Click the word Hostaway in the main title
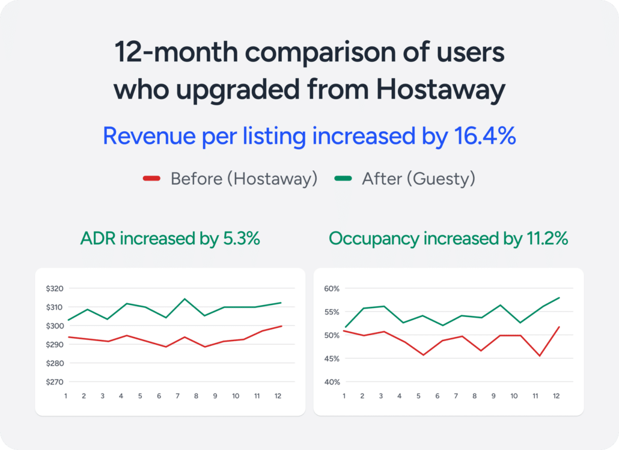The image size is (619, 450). [440, 90]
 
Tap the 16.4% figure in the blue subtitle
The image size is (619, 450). [482, 137]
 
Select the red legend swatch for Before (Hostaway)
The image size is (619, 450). [151, 179]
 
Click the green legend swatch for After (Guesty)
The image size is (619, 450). [343, 179]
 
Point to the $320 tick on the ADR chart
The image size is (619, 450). [54, 289]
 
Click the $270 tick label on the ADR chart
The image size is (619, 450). [54, 382]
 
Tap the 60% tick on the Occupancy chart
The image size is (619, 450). [332, 289]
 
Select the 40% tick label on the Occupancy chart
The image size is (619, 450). [332, 382]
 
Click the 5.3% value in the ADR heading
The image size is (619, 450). [240, 239]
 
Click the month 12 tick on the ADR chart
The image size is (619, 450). [277, 396]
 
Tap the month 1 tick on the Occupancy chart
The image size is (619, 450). [344, 396]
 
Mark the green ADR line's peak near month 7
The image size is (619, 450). [184, 299]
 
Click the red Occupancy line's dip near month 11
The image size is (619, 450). [540, 356]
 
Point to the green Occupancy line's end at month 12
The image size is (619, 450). [560, 297]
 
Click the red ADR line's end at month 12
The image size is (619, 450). [281, 326]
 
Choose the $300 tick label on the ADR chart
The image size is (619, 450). [54, 326]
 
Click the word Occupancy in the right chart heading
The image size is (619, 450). [374, 239]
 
